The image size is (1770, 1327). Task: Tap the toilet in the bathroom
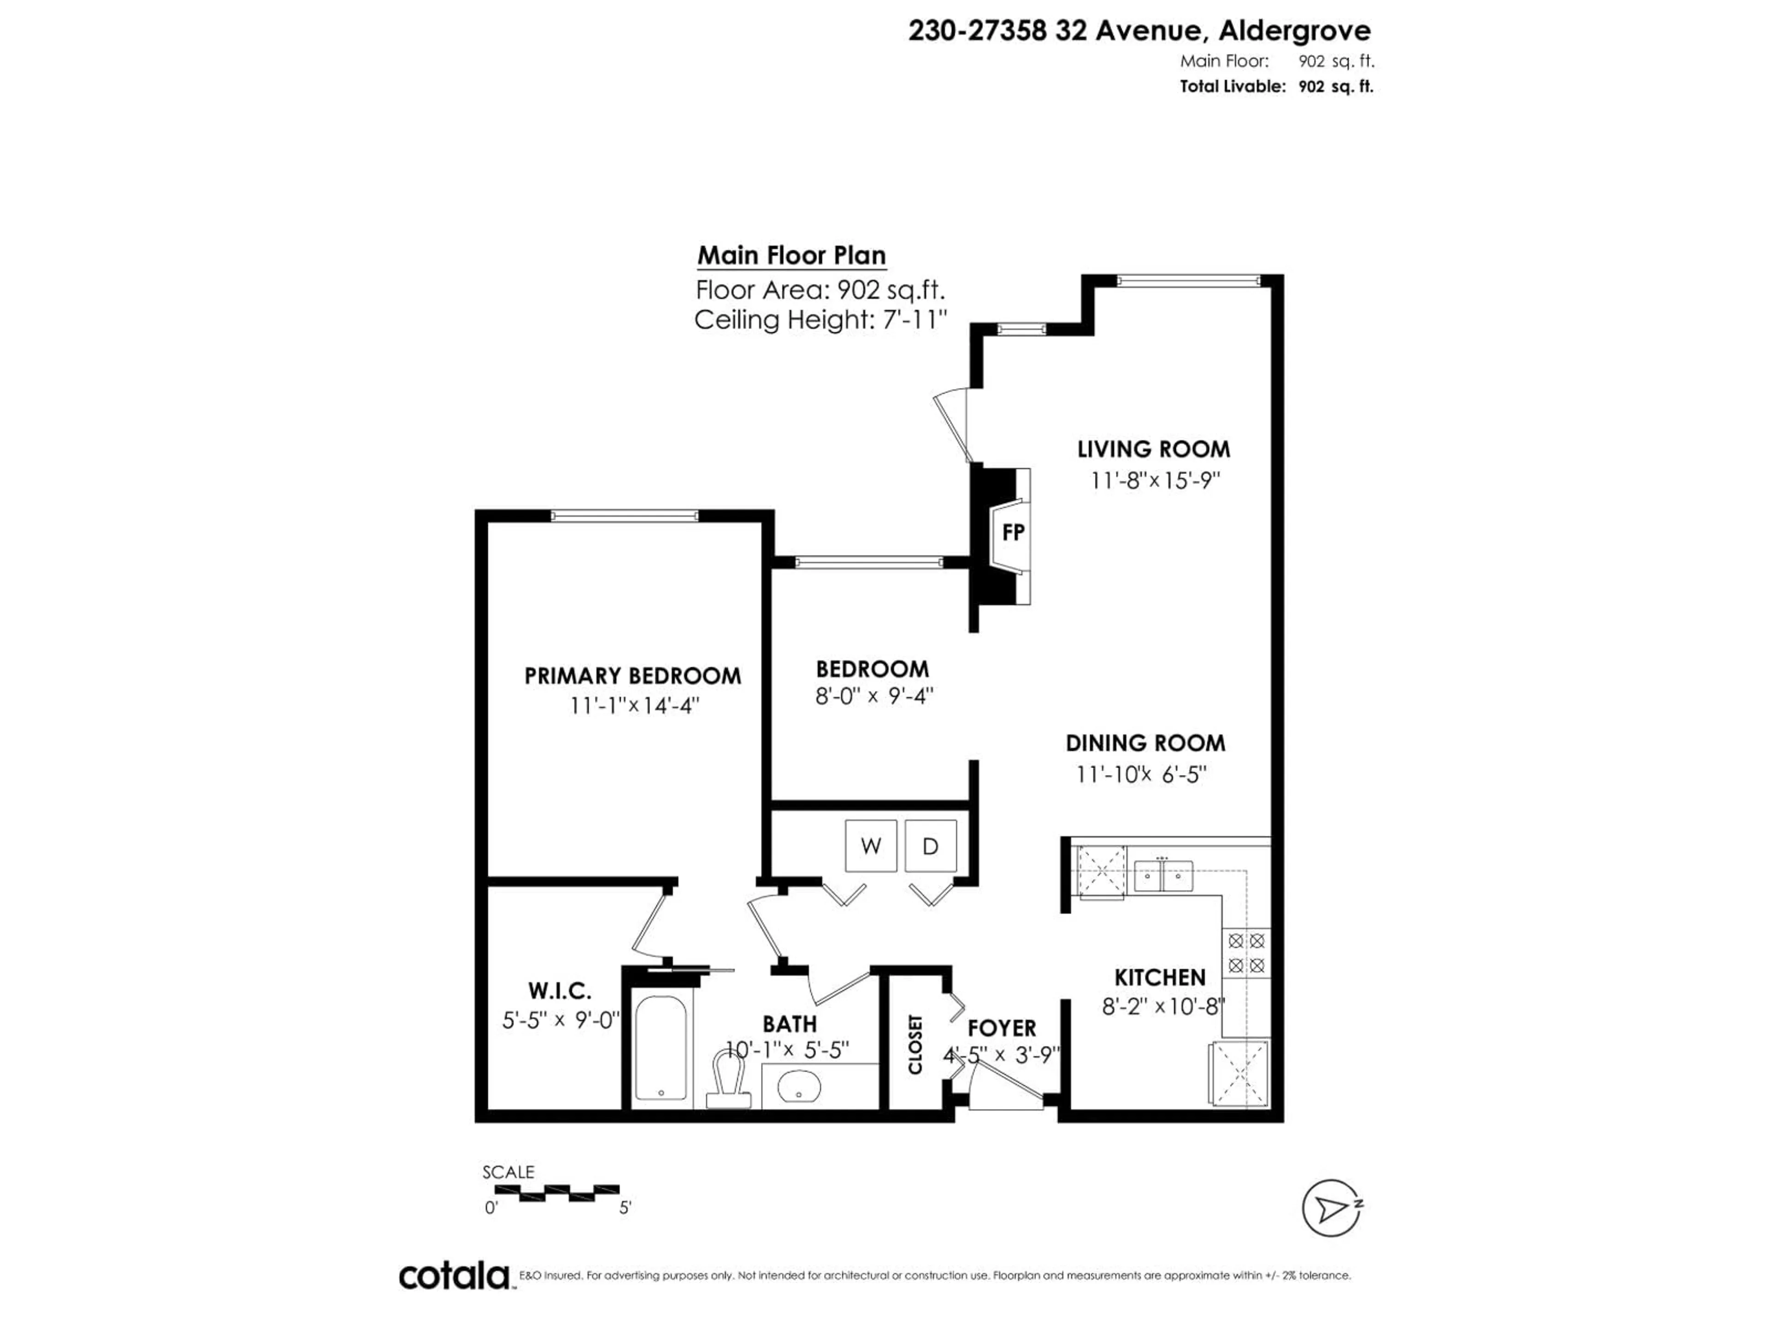(728, 1080)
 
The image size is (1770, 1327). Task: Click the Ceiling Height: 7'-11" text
(820, 320)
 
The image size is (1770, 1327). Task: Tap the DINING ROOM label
(1145, 743)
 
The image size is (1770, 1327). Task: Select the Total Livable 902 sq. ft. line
(1276, 86)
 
